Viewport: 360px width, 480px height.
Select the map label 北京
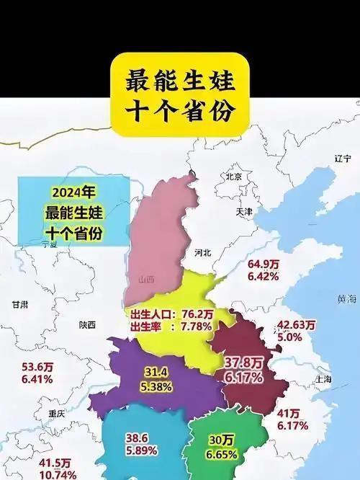(x=233, y=177)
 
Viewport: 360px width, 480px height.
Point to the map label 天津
(x=244, y=212)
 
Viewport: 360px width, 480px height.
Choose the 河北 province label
(x=203, y=253)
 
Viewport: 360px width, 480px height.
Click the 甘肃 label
(x=20, y=305)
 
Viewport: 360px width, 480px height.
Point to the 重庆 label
(x=56, y=414)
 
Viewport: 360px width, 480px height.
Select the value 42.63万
(x=296, y=324)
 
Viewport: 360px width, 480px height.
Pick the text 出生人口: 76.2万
(x=171, y=315)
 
